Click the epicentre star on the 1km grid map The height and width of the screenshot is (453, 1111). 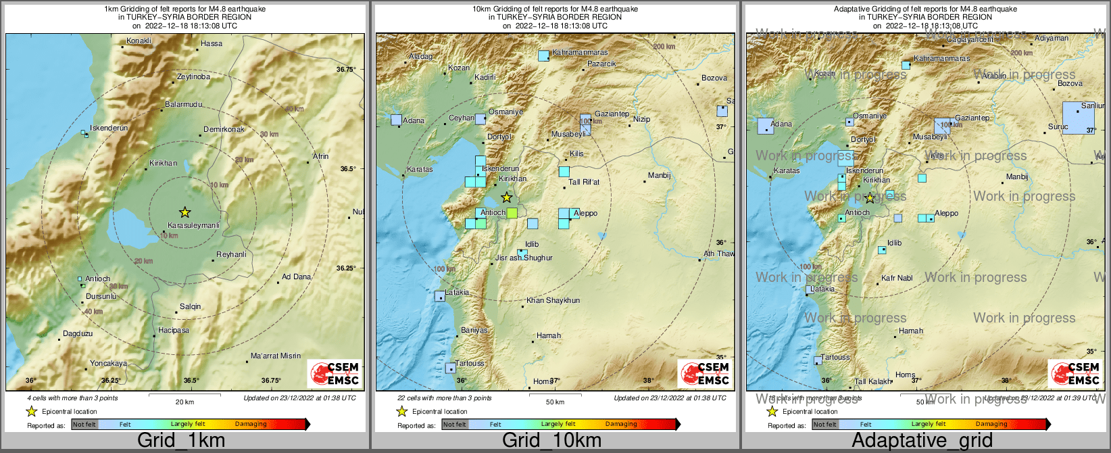[x=184, y=212]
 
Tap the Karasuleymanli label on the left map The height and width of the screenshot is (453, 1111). [x=193, y=225]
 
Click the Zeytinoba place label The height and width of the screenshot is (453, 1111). [x=193, y=77]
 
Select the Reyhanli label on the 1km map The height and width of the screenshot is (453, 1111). [x=231, y=255]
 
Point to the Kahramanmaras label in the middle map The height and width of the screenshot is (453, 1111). [x=580, y=53]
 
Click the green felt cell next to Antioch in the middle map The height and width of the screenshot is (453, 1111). [x=512, y=213]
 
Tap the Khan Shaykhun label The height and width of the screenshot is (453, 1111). [x=553, y=300]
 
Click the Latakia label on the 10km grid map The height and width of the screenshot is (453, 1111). [x=457, y=293]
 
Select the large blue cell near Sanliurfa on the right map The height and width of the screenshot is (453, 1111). [x=1078, y=118]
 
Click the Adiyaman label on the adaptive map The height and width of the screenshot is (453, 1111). [x=1052, y=39]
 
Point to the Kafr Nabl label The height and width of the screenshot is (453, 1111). [x=897, y=278]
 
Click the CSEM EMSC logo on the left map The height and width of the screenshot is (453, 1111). [x=335, y=373]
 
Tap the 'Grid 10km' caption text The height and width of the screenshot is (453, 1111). [x=551, y=440]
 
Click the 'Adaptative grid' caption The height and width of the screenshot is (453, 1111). [x=922, y=440]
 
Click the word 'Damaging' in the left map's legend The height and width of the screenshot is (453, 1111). [x=251, y=425]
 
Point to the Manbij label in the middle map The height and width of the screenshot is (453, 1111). [x=659, y=176]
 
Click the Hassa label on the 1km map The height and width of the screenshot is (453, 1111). [x=212, y=44]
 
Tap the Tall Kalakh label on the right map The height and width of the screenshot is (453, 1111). [x=872, y=382]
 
